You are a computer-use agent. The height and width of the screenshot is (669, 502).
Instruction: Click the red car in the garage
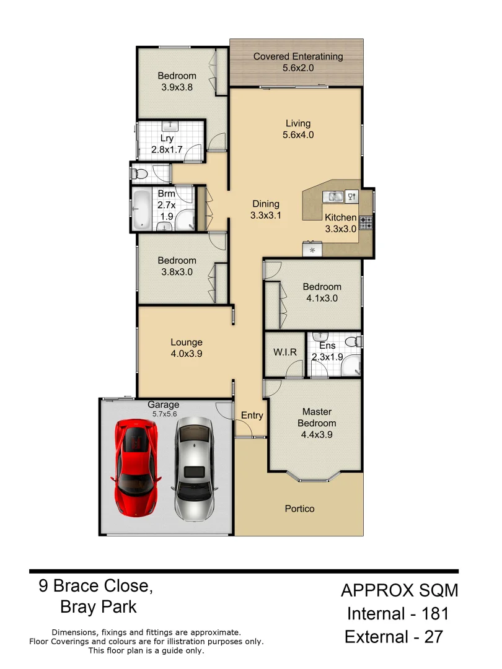[136, 468]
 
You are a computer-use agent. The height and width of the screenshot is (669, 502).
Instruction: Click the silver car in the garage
[193, 468]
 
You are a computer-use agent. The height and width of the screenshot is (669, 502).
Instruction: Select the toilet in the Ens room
[351, 341]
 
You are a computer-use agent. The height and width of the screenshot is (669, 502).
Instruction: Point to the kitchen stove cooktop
[366, 222]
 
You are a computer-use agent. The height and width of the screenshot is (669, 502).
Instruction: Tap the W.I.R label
[285, 352]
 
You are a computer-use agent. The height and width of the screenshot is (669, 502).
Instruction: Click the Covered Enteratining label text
[297, 57]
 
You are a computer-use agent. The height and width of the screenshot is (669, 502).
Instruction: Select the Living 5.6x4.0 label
[297, 129]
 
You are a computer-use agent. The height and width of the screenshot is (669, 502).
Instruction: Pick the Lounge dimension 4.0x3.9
[187, 354]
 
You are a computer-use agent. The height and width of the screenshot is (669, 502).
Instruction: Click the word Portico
[299, 509]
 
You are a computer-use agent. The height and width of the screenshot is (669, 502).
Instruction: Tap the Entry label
[252, 416]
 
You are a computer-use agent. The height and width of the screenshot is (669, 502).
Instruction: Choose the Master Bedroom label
[317, 418]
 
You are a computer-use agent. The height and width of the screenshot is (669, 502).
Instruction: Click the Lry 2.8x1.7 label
[167, 144]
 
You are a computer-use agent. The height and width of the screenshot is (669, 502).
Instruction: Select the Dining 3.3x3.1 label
[266, 209]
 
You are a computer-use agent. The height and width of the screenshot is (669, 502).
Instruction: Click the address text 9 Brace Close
[96, 585]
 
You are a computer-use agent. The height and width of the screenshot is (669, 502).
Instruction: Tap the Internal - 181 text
[397, 614]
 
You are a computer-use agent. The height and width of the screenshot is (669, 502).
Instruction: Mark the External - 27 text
[394, 636]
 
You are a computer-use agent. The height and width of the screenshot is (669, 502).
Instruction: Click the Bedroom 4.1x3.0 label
[322, 292]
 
